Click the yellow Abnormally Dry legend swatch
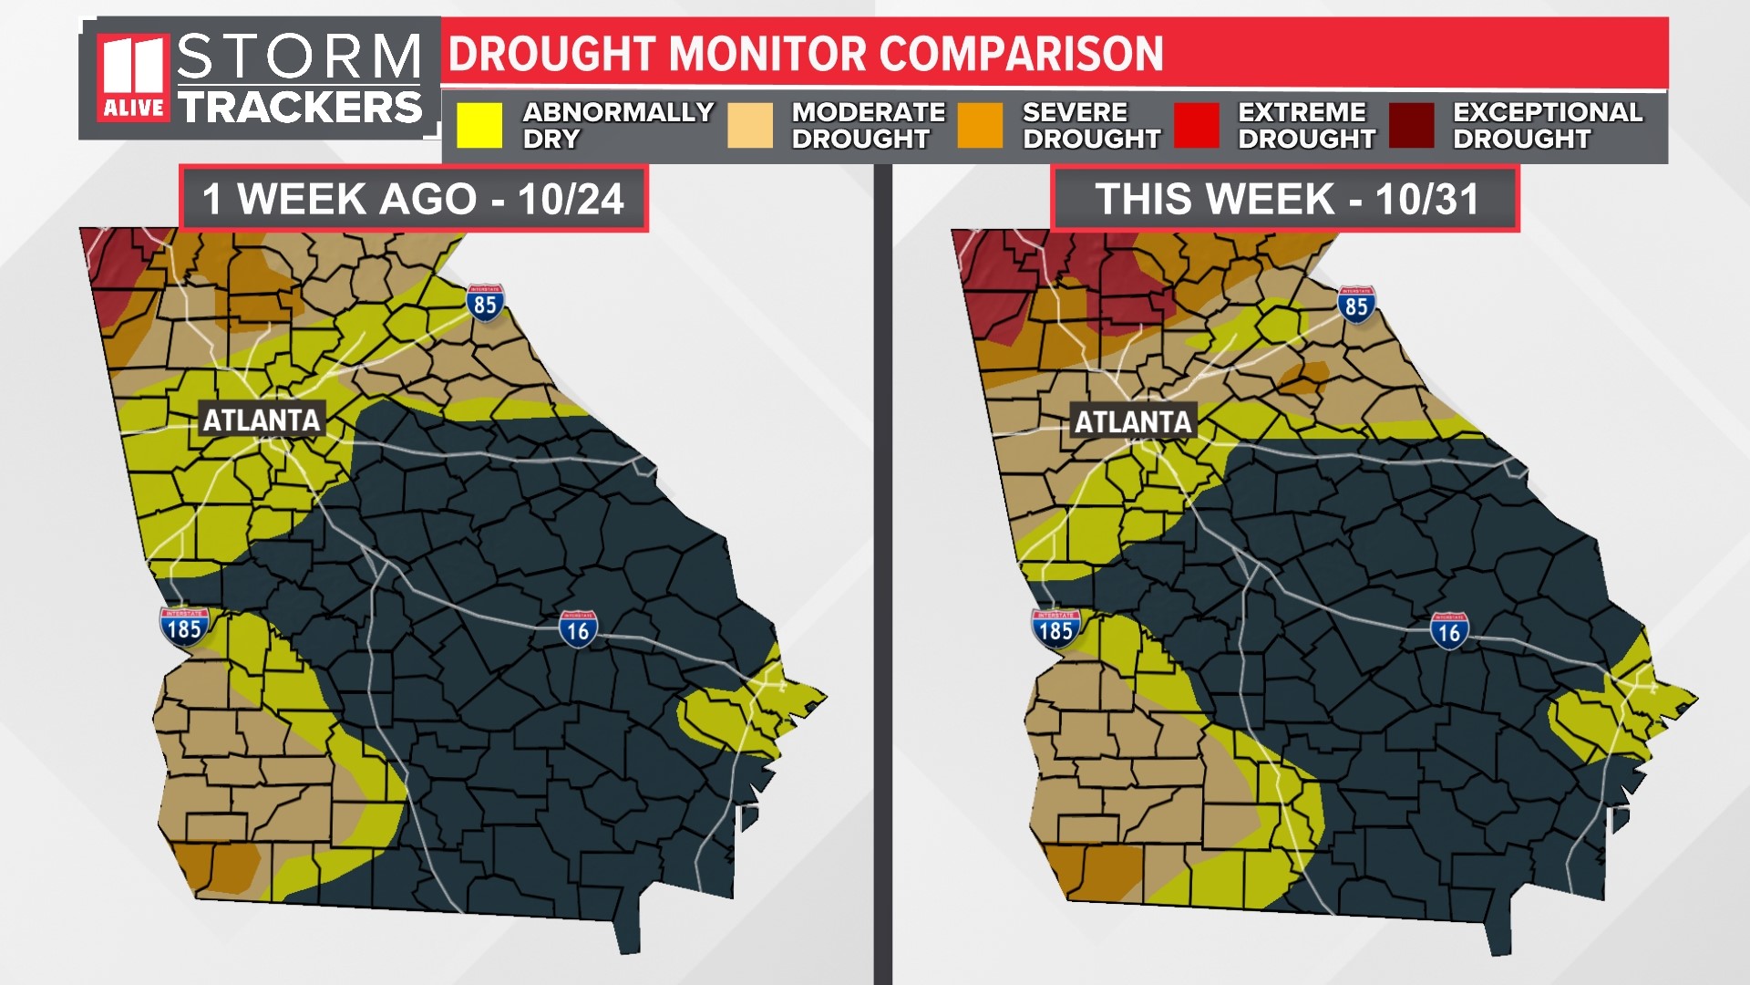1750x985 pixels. click(x=479, y=125)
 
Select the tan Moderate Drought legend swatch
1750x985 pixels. click(x=750, y=125)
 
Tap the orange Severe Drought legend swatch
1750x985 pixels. click(x=980, y=125)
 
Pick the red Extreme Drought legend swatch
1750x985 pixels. click(x=1196, y=125)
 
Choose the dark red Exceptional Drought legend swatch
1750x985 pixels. click(x=1411, y=125)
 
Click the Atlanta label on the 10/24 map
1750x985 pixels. click(x=262, y=420)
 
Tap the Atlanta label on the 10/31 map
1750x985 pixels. click(x=1133, y=422)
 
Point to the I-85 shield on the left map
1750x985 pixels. click(x=485, y=303)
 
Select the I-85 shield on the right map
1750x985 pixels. click(x=1356, y=305)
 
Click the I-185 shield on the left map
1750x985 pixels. click(x=184, y=627)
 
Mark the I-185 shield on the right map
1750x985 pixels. click(x=1055, y=629)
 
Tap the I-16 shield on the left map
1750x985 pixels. click(x=578, y=630)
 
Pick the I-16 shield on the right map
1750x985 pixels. click(x=1449, y=632)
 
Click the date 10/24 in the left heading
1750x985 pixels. click(x=571, y=199)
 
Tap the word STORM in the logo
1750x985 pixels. click(x=299, y=57)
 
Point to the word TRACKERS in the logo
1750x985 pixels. click(x=300, y=108)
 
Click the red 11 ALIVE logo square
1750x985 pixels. click(x=133, y=78)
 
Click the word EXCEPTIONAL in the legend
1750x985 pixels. click(x=1547, y=112)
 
